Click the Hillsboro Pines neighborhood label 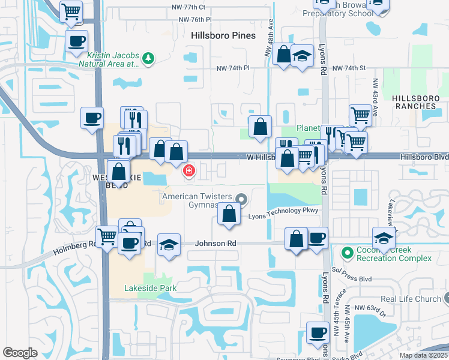coord(223,35)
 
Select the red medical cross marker coord(189,172)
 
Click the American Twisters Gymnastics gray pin coord(241,198)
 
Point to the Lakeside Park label coord(151,288)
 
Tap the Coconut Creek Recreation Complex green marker coord(346,252)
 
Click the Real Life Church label coord(411,299)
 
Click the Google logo coord(20,353)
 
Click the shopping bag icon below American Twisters coord(229,214)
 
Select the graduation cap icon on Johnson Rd coord(169,245)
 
